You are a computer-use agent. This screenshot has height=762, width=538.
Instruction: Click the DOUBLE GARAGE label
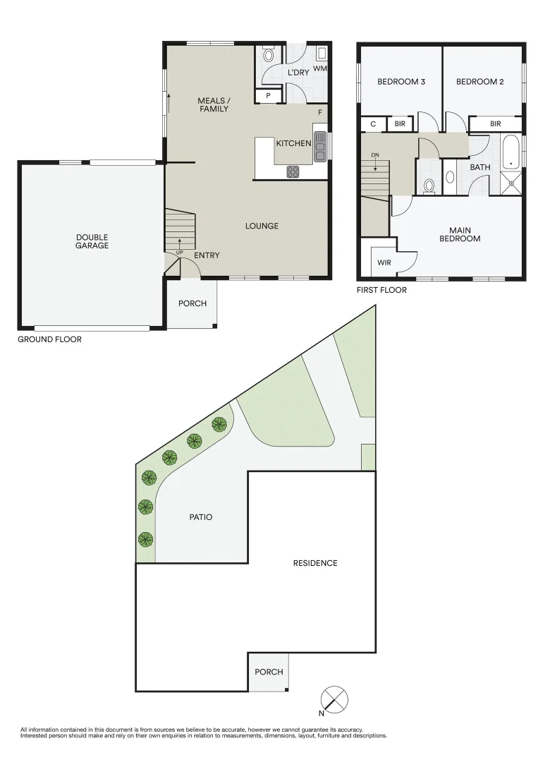(92, 241)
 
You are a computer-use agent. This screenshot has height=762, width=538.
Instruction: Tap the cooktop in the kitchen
(293, 171)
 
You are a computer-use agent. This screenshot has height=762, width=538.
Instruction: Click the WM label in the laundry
(320, 68)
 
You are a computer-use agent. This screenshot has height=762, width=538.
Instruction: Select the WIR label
(384, 262)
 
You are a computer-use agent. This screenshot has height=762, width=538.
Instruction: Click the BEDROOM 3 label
(401, 82)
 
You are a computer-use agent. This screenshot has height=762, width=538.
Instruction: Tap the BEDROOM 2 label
(480, 82)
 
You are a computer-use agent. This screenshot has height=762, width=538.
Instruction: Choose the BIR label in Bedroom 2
(496, 124)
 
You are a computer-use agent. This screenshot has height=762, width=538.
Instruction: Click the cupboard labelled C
(373, 124)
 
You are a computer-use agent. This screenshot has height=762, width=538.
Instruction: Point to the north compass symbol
(334, 700)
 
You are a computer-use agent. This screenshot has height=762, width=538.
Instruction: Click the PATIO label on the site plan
(200, 517)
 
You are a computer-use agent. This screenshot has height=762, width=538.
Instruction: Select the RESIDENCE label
(315, 563)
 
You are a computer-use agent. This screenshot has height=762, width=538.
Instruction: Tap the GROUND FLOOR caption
(49, 339)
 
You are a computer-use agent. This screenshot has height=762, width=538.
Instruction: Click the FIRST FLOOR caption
(382, 289)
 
